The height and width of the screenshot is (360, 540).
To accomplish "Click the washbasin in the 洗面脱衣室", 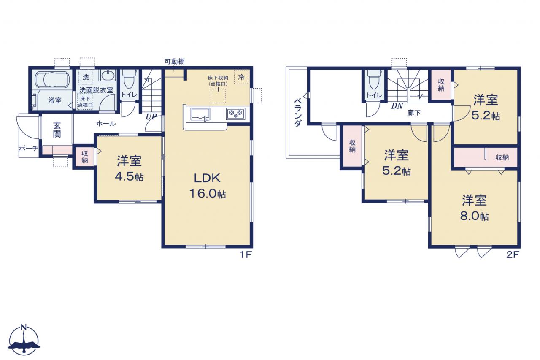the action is (107, 75).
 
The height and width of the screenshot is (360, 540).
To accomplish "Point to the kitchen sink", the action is (200, 114).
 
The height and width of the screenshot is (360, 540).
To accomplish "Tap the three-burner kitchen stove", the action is (235, 114).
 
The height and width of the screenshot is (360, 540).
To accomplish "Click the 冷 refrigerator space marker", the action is (241, 77).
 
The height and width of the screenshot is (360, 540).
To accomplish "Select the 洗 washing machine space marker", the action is (86, 77).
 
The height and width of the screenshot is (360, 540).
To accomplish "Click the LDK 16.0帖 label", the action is (207, 186).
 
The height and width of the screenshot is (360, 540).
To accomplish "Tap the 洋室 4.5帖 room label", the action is (129, 168).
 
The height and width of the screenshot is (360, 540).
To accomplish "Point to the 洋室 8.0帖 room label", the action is (474, 208).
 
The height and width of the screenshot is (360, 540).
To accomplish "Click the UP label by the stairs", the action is (151, 117).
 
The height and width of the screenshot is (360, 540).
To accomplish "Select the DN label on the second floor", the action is (397, 106).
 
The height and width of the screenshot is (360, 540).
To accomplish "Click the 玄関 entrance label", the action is (57, 130).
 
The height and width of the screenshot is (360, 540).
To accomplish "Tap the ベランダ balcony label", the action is (298, 113).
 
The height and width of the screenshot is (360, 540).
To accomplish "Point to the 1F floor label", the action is (246, 254).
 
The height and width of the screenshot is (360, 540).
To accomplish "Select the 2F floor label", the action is (512, 254).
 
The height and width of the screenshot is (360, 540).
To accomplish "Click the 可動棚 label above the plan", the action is (175, 62).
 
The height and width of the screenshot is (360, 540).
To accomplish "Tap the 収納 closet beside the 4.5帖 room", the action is (85, 157).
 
